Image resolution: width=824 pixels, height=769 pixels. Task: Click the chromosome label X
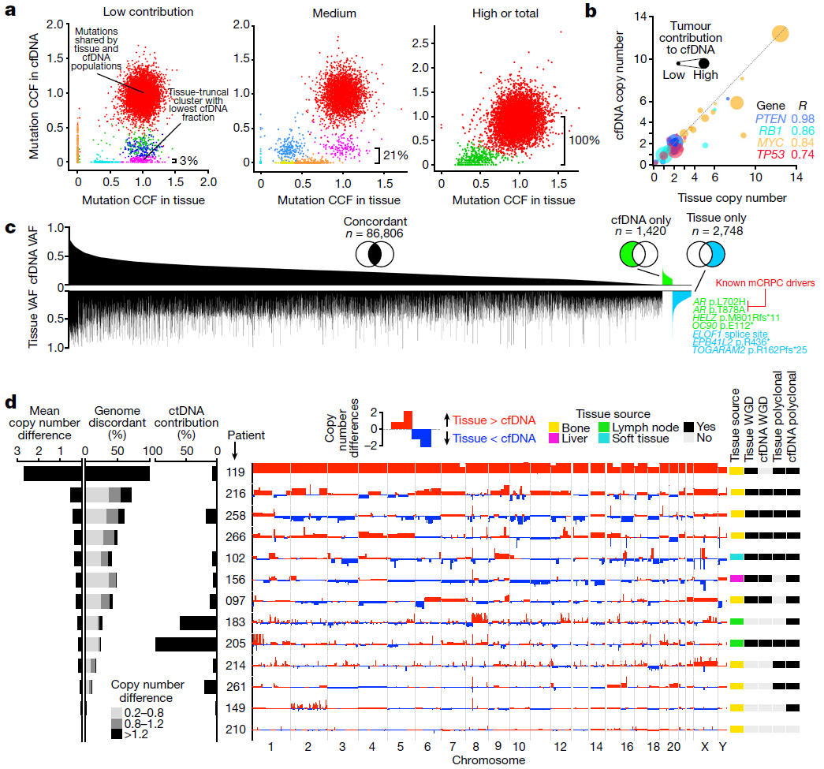pyautogui.click(x=706, y=746)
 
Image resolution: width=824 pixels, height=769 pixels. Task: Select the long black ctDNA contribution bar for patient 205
pyautogui.click(x=186, y=644)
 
